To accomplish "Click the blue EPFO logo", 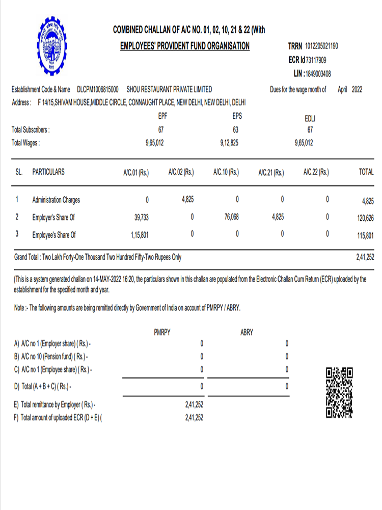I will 46,45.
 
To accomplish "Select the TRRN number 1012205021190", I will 321,46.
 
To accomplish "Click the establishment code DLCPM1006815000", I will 97,89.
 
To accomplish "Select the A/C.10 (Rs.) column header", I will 226,172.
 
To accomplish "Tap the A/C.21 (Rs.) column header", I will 271,172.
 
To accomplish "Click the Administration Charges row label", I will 56,200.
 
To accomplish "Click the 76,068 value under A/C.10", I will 231,217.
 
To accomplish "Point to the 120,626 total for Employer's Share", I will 366,218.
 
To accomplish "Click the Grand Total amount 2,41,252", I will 365,258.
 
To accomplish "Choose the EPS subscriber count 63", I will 236,130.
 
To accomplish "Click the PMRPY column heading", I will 162,333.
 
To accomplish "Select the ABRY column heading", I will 247,333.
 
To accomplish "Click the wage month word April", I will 342,89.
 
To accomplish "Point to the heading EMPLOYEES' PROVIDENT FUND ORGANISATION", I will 185,46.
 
